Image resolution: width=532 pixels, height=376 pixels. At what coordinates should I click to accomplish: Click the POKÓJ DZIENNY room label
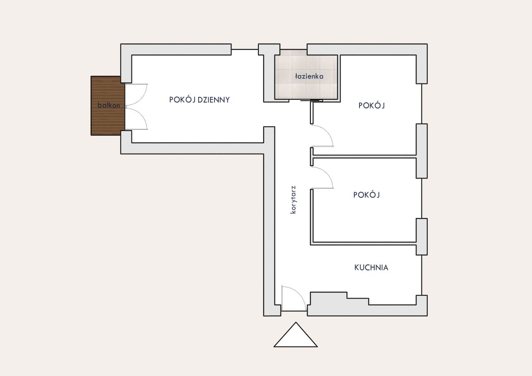tap(199, 100)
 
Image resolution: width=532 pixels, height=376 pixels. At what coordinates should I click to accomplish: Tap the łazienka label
tap(309, 76)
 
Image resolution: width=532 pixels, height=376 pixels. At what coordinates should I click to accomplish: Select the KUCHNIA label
tap(371, 267)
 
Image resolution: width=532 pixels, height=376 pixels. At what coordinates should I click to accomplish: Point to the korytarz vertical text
tap(293, 200)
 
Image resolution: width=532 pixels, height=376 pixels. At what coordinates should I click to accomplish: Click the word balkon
tap(109, 105)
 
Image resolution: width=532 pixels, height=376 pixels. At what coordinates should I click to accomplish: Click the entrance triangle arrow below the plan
tap(296, 334)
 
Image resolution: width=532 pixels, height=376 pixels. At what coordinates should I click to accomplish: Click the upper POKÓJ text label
tap(372, 105)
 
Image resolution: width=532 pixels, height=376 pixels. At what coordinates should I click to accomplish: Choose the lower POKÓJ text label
tap(367, 195)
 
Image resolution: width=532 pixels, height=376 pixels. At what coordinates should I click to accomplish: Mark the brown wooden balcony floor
tap(108, 106)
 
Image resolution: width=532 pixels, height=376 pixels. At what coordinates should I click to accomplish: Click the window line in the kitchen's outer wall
tap(422, 275)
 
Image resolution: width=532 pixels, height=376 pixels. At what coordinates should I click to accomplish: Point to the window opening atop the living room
tap(245, 49)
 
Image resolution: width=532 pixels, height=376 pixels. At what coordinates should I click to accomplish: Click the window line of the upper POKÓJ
tap(422, 104)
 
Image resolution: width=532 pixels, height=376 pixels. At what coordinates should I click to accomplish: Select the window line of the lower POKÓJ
tap(422, 198)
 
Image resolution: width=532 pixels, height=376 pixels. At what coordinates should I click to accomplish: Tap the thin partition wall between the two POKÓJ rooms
tap(364, 157)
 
